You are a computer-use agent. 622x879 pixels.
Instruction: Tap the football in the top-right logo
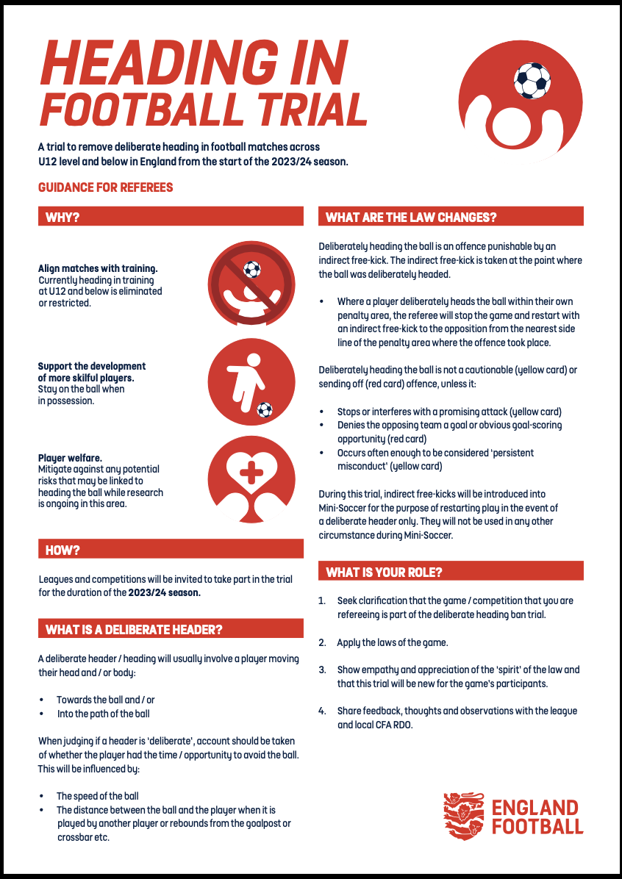click(532, 80)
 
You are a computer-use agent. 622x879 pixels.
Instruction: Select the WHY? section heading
click(63, 217)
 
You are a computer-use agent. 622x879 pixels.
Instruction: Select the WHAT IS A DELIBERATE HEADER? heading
click(134, 629)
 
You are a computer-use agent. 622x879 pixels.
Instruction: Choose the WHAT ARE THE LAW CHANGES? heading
click(411, 217)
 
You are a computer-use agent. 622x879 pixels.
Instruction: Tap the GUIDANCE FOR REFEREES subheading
click(106, 187)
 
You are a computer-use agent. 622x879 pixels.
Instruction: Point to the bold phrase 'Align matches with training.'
click(98, 268)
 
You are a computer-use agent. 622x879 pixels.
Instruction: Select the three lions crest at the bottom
click(463, 816)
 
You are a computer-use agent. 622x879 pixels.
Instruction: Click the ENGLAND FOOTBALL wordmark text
click(537, 817)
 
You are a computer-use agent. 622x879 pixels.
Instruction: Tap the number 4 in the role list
click(321, 711)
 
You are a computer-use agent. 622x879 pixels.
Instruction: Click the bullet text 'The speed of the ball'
click(98, 796)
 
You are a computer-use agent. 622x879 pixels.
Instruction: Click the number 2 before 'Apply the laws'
click(321, 642)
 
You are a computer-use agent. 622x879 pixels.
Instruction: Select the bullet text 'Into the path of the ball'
click(104, 713)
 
